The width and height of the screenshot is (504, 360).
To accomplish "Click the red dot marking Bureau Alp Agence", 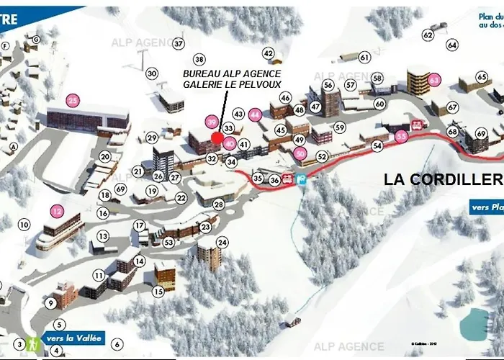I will point(217,138).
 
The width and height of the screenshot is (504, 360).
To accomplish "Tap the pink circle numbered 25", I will point(73,100).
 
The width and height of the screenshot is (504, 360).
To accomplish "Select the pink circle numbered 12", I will point(58,212).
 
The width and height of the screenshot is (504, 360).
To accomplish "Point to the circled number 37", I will point(179,43).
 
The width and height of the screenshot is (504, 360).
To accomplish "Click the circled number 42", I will point(269,53).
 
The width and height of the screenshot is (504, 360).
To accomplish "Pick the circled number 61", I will point(364,57).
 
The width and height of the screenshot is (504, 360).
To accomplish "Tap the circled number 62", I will point(428,35).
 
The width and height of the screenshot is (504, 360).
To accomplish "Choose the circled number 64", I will point(452,45).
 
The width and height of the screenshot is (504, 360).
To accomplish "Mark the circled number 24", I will point(222,242).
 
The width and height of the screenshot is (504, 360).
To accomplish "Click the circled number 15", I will point(158,292).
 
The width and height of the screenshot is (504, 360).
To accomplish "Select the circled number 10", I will point(24,225).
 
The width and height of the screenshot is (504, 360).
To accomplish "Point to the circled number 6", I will point(118,344).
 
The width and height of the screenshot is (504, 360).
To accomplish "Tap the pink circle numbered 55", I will point(401,135).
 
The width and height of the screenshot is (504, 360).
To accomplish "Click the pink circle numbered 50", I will point(301,153).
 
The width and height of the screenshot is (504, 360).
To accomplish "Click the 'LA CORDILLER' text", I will point(443,179).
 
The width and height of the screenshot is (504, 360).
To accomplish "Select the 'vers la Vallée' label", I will point(75,338).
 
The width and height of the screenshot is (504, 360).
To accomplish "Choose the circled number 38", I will point(199,59).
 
